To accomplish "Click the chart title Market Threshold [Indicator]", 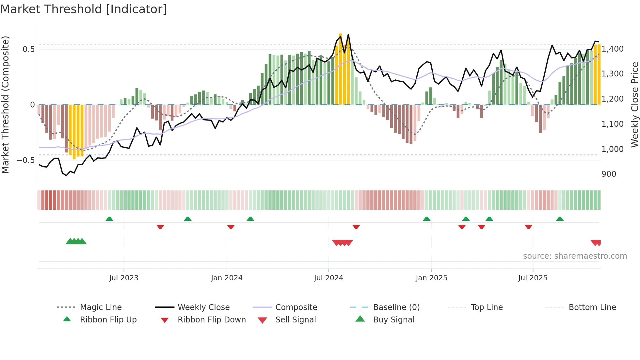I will pos(84,9).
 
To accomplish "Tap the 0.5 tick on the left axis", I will pos(28,49).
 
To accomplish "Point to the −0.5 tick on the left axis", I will pos(25,160).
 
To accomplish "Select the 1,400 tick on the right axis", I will pos(612,49).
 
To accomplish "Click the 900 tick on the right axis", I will pos(609,174).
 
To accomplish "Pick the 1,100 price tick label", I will pos(612,124).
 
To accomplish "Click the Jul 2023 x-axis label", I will pos(124,278).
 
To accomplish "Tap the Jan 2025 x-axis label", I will pos(431,278).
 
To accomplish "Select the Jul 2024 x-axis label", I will pos(328,278).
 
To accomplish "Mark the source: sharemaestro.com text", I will pos(575,256).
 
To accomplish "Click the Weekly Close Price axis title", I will pos(634,105).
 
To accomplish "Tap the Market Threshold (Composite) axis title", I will pos(5,105).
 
